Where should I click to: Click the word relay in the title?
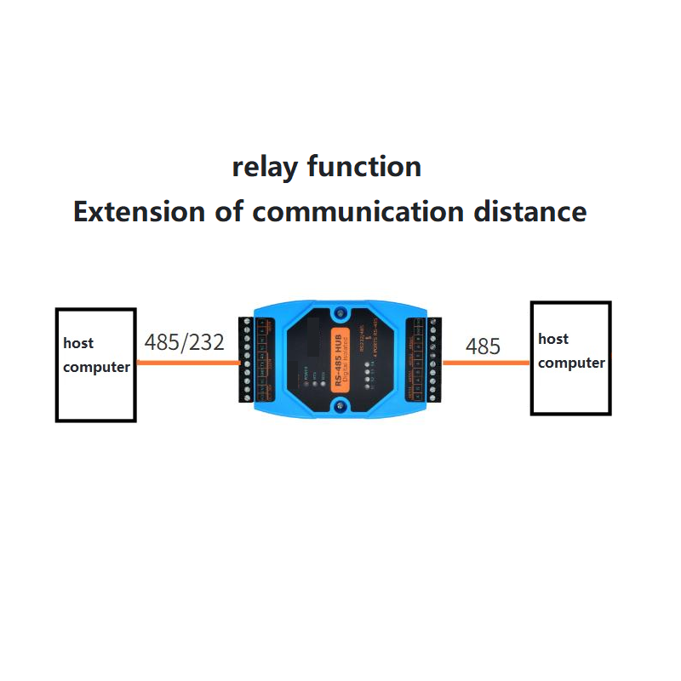coord(266,167)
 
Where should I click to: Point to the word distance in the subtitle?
coord(531,211)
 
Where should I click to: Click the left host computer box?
coord(95,392)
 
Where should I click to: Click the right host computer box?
coord(570,387)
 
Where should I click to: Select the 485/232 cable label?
coord(185,343)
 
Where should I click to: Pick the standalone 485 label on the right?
coord(483,346)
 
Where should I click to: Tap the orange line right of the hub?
coord(486,363)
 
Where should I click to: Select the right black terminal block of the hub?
coord(425,358)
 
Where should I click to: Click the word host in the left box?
coord(78,344)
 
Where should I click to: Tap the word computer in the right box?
coord(571,363)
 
